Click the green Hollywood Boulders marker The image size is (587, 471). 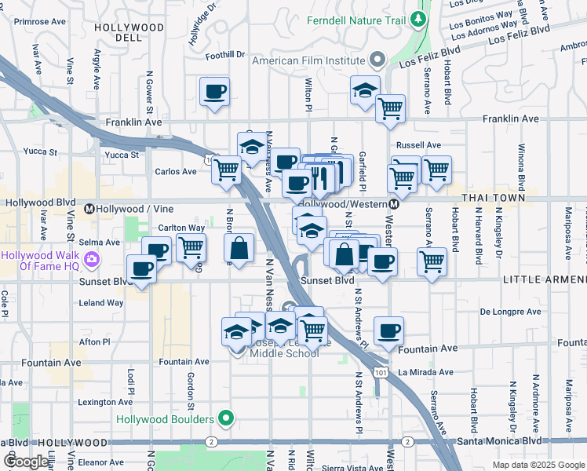point(227,418)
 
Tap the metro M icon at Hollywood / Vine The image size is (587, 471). point(89,209)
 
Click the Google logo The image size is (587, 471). point(25,462)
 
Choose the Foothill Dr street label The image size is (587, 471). point(226,56)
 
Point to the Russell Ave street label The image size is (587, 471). point(419,145)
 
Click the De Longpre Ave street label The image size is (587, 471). point(511,312)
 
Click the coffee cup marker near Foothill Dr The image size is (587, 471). point(213,93)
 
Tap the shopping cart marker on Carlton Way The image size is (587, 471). point(191,248)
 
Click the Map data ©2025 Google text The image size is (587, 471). point(538,465)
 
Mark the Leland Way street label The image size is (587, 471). point(101,303)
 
